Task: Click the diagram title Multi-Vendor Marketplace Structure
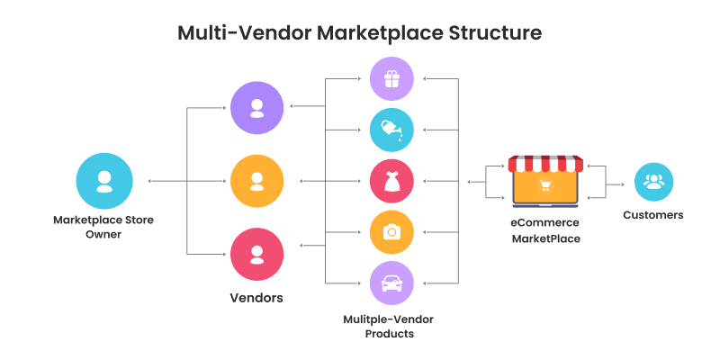359,33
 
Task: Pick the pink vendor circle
257,254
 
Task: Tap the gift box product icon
391,80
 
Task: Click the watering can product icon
391,130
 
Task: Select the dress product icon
391,181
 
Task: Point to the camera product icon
391,232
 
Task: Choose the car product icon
391,283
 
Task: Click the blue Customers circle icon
653,182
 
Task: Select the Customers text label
653,215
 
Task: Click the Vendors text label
257,297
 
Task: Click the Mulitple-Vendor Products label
391,326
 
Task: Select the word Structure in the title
493,33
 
